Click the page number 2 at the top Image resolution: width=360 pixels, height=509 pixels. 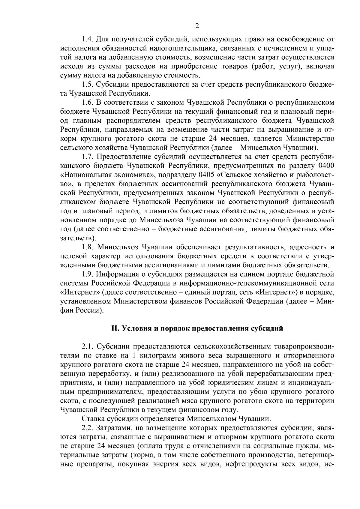[197, 26]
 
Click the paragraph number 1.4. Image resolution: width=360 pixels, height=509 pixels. [88, 39]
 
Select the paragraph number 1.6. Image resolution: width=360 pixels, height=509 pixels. [88, 102]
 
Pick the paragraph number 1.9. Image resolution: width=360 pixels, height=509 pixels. [88, 274]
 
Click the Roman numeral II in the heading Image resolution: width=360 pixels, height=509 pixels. [115, 328]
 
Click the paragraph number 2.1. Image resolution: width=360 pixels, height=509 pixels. [88, 347]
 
